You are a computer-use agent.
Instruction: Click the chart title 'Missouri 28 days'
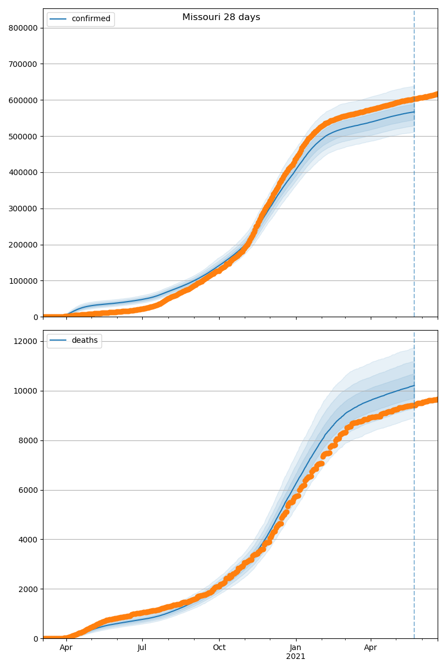point(221,17)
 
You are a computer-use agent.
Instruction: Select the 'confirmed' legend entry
point(91,19)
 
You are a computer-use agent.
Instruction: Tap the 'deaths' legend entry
point(84,341)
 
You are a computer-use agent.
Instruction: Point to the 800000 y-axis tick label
point(23,28)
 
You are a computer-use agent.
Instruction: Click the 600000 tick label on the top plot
point(23,100)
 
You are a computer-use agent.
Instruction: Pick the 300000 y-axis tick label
point(23,209)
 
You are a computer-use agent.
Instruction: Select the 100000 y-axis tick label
point(23,281)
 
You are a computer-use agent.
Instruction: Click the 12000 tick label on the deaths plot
point(27,341)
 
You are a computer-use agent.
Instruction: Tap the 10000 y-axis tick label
point(27,391)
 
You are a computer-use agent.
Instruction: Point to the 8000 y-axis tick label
point(29,440)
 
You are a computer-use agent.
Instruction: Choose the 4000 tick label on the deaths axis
point(29,540)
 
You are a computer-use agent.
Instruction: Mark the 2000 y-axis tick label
point(29,589)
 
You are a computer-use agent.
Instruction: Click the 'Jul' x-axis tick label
point(142,648)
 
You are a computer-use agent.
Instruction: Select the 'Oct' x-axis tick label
point(219,648)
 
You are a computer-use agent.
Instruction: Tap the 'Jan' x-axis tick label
point(296,648)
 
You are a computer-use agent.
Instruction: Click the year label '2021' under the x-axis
point(296,656)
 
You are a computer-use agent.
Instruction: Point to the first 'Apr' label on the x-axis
point(66,648)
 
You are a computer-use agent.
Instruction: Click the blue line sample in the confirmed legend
point(59,19)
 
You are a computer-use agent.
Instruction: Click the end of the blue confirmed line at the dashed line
point(414,112)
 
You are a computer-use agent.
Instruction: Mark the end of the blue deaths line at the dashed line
point(414,386)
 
